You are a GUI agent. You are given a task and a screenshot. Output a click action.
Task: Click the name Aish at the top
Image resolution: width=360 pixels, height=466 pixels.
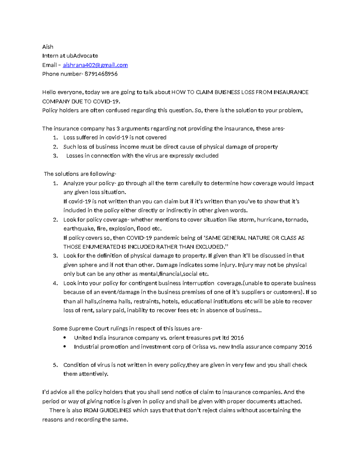tap(48, 47)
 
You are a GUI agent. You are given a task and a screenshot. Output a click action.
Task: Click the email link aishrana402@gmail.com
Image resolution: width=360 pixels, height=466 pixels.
tap(95, 65)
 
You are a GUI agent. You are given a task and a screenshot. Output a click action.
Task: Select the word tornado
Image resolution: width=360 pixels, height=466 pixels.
tap(297, 220)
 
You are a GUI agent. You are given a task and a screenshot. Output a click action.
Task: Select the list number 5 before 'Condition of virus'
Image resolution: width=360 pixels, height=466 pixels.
tap(55, 365)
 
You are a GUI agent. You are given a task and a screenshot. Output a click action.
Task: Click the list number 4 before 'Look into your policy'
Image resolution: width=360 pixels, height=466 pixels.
tap(55, 283)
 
